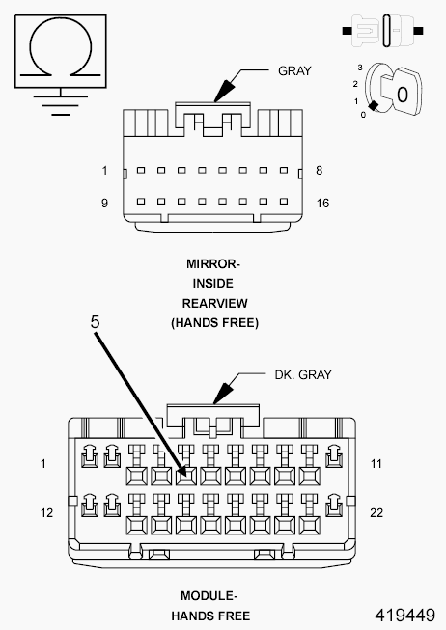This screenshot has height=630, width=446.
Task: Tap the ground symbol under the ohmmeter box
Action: pyautogui.click(x=59, y=102)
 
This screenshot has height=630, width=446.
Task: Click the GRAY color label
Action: pyautogui.click(x=294, y=71)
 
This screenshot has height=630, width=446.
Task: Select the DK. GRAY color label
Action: pyautogui.click(x=301, y=375)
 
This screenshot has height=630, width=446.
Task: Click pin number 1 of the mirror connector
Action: pyautogui.click(x=103, y=171)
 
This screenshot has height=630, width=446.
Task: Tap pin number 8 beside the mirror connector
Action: pyautogui.click(x=320, y=171)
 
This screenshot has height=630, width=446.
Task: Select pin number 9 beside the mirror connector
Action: pyautogui.click(x=103, y=204)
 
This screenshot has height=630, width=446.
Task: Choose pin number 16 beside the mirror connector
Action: pyautogui.click(x=323, y=204)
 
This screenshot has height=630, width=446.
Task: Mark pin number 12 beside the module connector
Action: pyautogui.click(x=47, y=513)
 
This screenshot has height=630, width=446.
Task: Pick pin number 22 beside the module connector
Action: pyautogui.click(x=376, y=513)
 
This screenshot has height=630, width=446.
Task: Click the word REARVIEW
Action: pyautogui.click(x=214, y=303)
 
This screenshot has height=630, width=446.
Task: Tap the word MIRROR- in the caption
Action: pyautogui.click(x=214, y=262)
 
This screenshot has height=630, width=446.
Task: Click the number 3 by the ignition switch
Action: pyautogui.click(x=358, y=68)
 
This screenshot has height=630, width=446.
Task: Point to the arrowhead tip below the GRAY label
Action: pyautogui.click(x=217, y=100)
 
